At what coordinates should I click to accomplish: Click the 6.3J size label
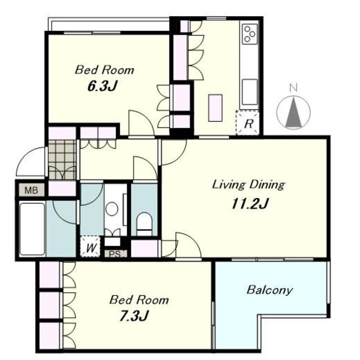tap(102, 86)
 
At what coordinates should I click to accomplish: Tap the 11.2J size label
tap(250, 204)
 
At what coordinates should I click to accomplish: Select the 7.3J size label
tap(134, 316)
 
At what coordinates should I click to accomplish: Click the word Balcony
tap(270, 290)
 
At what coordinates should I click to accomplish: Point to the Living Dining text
tap(249, 185)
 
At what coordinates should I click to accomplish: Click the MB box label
tap(31, 190)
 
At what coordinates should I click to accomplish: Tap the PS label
tap(115, 254)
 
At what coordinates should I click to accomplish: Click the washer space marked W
tap(91, 246)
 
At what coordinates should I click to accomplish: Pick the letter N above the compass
tap(293, 88)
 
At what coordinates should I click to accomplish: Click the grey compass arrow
tap(294, 112)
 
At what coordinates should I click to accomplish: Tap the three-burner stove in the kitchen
tap(249, 34)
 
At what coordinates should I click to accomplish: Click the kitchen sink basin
tap(250, 92)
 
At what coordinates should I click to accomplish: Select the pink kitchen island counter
tap(215, 107)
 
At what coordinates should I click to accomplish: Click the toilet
tap(145, 224)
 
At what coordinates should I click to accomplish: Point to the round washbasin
tap(112, 209)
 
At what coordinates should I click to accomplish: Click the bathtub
tap(32, 229)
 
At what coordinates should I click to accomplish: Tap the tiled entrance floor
tap(62, 160)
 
